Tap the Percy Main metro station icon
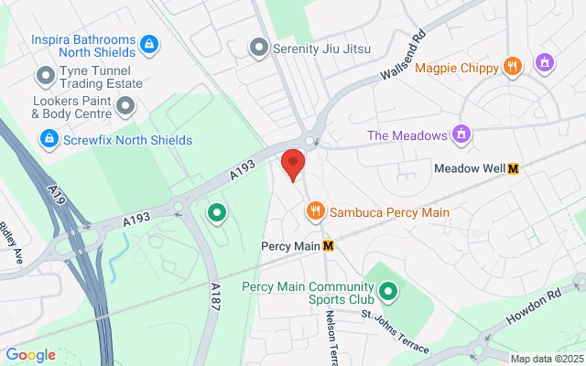tap(328, 245)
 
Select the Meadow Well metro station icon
tap(513, 168)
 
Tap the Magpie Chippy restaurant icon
tap(513, 67)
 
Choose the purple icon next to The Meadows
tap(462, 135)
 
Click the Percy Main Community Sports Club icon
tap(388, 292)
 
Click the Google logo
tap(30, 355)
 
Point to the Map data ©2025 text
tap(547, 359)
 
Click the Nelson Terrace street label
tap(332, 333)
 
